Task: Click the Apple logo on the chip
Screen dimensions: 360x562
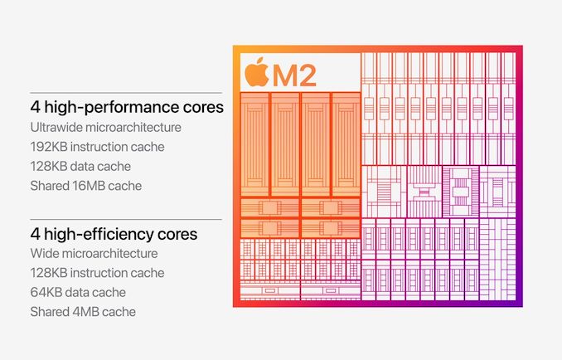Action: [257, 72]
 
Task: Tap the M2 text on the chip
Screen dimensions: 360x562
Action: [294, 74]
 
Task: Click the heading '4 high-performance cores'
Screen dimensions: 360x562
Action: [127, 107]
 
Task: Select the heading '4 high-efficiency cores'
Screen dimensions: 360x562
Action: [114, 234]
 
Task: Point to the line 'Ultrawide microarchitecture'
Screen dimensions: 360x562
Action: [105, 127]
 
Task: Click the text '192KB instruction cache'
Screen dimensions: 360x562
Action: [97, 146]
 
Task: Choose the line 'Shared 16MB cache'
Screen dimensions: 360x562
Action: [85, 185]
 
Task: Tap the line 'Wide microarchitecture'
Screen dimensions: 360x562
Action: [94, 253]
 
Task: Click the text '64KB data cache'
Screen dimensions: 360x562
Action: [78, 292]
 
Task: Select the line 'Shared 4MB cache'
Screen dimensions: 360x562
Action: [83, 311]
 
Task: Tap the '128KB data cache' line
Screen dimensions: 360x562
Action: [81, 166]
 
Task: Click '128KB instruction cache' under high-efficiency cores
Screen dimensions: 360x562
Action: [97, 273]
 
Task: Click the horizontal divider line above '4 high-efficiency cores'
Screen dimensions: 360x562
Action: [125, 220]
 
